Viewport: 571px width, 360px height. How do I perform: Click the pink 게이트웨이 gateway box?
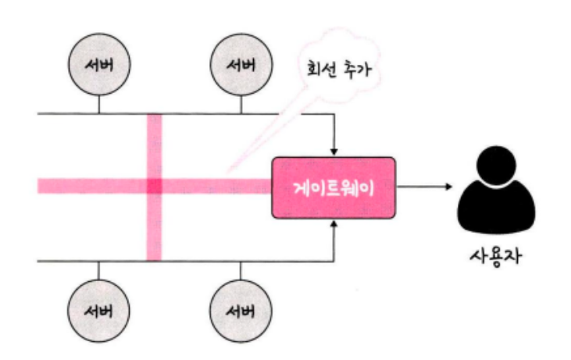click(334, 187)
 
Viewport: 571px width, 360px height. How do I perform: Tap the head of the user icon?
click(497, 166)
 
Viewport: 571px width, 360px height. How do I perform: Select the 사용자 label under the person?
click(497, 255)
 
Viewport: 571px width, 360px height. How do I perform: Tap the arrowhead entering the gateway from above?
click(334, 151)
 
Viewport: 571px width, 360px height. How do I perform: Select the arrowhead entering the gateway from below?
click(334, 225)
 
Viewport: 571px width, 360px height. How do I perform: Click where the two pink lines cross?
click(154, 186)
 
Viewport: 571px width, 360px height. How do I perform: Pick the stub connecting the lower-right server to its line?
click(241, 271)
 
